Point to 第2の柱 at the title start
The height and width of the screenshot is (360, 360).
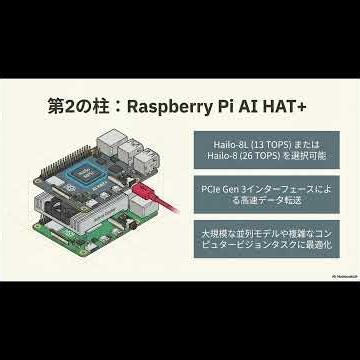[x=81, y=105]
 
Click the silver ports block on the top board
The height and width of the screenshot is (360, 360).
[x=130, y=153]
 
